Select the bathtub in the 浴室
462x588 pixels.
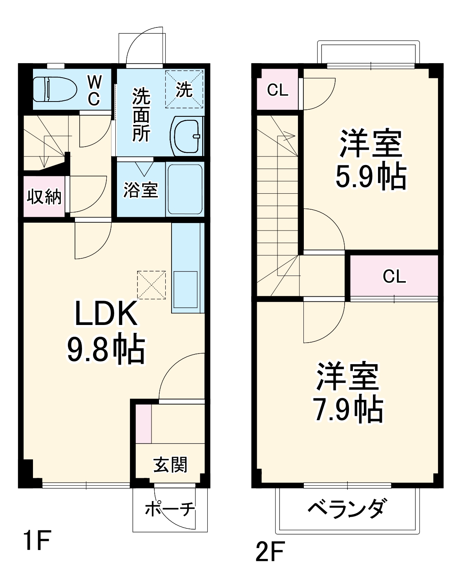(184, 189)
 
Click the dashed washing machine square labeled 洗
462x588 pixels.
(184, 89)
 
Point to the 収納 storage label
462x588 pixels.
(44, 196)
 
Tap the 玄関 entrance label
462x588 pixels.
(170, 465)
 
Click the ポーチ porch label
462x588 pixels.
(170, 509)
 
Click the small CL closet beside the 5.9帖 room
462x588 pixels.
(278, 90)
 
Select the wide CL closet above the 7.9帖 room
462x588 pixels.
(394, 277)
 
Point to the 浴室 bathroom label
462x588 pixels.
(141, 190)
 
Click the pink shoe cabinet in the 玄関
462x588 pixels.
(144, 423)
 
